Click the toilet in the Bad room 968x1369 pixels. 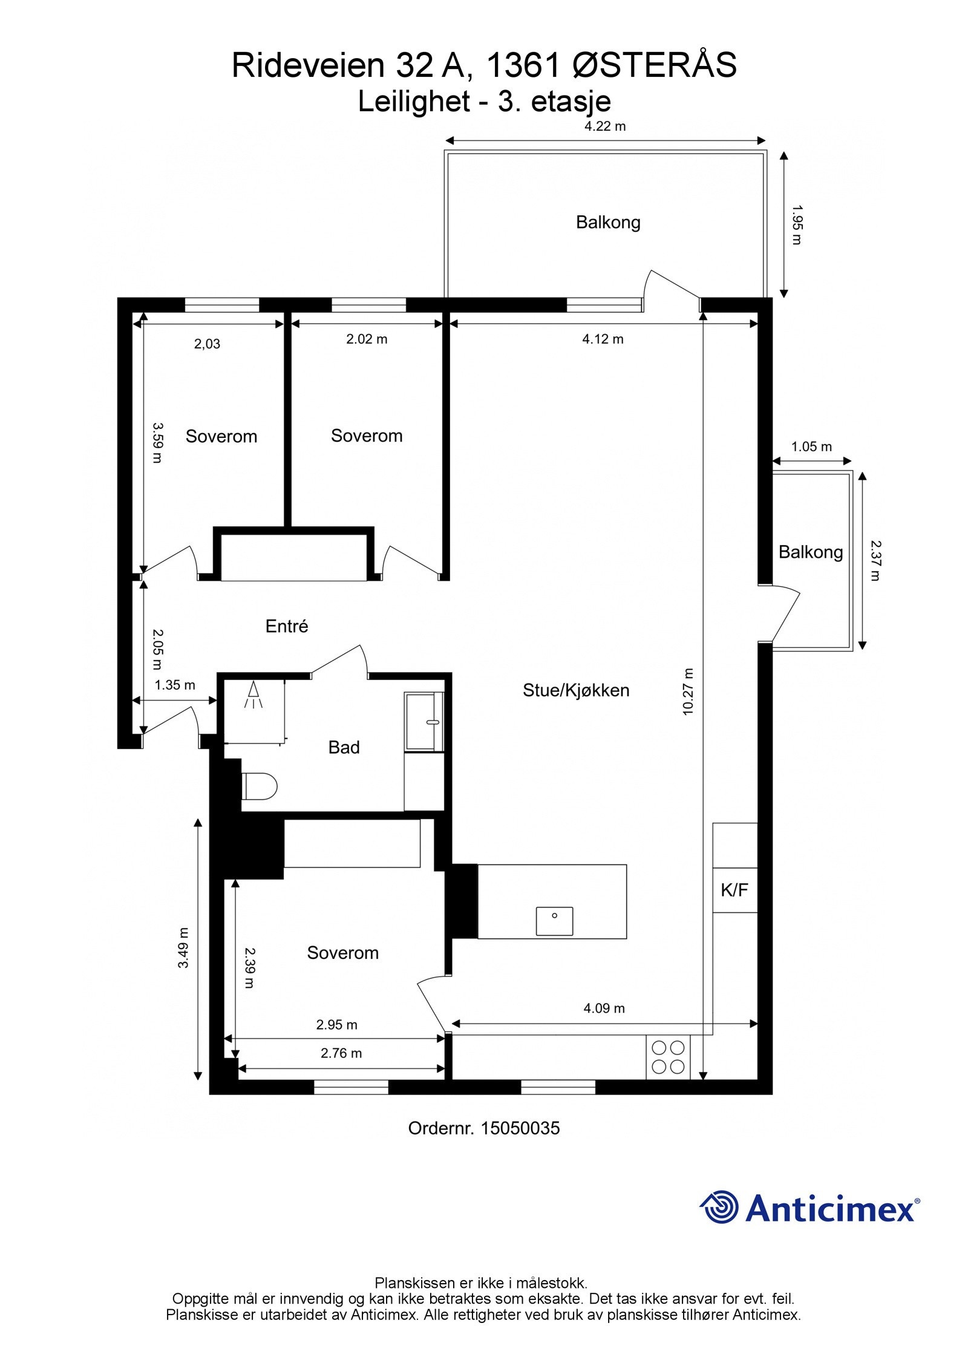click(x=259, y=786)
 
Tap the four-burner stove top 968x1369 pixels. click(x=667, y=1056)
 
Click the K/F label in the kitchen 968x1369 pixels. click(x=734, y=890)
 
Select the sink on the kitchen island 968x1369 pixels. click(x=554, y=921)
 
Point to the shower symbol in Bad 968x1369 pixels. click(x=253, y=694)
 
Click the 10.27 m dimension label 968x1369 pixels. click(x=688, y=691)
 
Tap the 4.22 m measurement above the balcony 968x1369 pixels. click(x=604, y=126)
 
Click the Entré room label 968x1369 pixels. click(x=287, y=626)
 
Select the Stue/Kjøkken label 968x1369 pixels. click(x=575, y=690)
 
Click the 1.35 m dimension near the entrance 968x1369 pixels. click(x=175, y=685)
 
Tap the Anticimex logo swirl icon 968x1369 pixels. click(x=720, y=1207)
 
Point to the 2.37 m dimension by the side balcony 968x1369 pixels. click(x=875, y=560)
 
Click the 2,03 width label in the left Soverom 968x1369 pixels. click(x=207, y=344)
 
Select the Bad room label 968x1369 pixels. click(x=344, y=748)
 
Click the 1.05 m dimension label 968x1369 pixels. click(x=811, y=446)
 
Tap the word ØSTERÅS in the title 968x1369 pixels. click(x=654, y=65)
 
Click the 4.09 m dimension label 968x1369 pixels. click(x=604, y=1008)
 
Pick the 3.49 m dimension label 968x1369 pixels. click(x=183, y=947)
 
